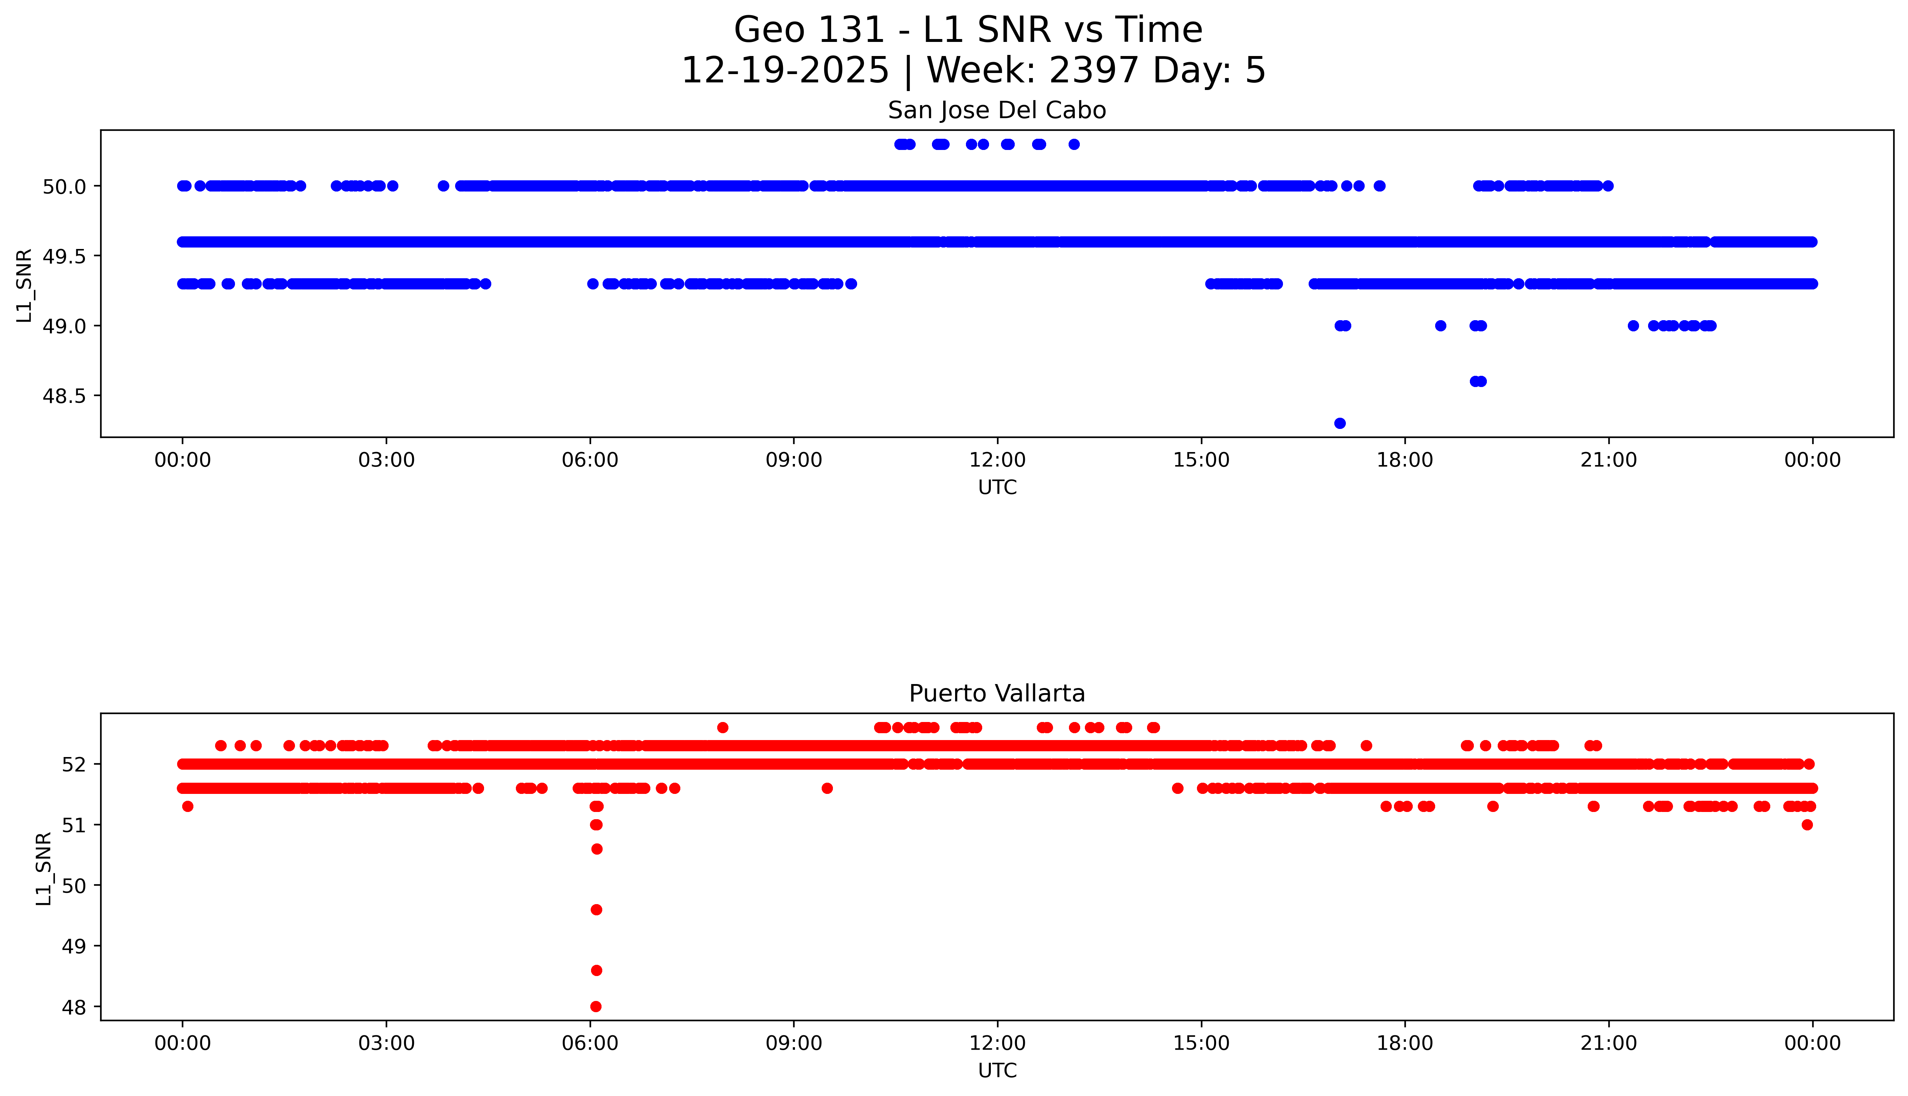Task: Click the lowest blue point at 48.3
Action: pos(1339,423)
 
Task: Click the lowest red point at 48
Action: pos(596,1006)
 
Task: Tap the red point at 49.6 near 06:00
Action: pos(596,909)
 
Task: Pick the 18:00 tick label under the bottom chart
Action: pos(1404,1043)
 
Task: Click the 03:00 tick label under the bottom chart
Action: pos(386,1043)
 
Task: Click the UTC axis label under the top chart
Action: pos(997,488)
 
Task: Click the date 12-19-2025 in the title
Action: pos(784,71)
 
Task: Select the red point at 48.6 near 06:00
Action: pos(596,970)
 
